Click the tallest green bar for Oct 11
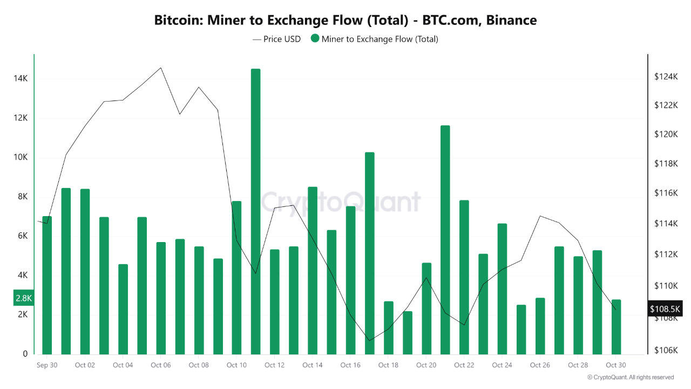click(x=255, y=211)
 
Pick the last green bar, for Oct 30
click(x=616, y=327)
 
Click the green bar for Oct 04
click(x=123, y=309)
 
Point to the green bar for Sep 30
click(x=47, y=285)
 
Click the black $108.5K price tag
click(x=665, y=309)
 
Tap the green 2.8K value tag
click(x=24, y=298)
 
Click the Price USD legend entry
click(x=276, y=39)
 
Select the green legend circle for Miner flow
click(x=315, y=39)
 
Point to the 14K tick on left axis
click(x=21, y=79)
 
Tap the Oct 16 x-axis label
click(x=350, y=365)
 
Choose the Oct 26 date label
click(x=540, y=365)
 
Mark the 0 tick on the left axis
click(x=25, y=354)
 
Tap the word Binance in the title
click(x=511, y=21)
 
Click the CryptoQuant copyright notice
click(x=630, y=377)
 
